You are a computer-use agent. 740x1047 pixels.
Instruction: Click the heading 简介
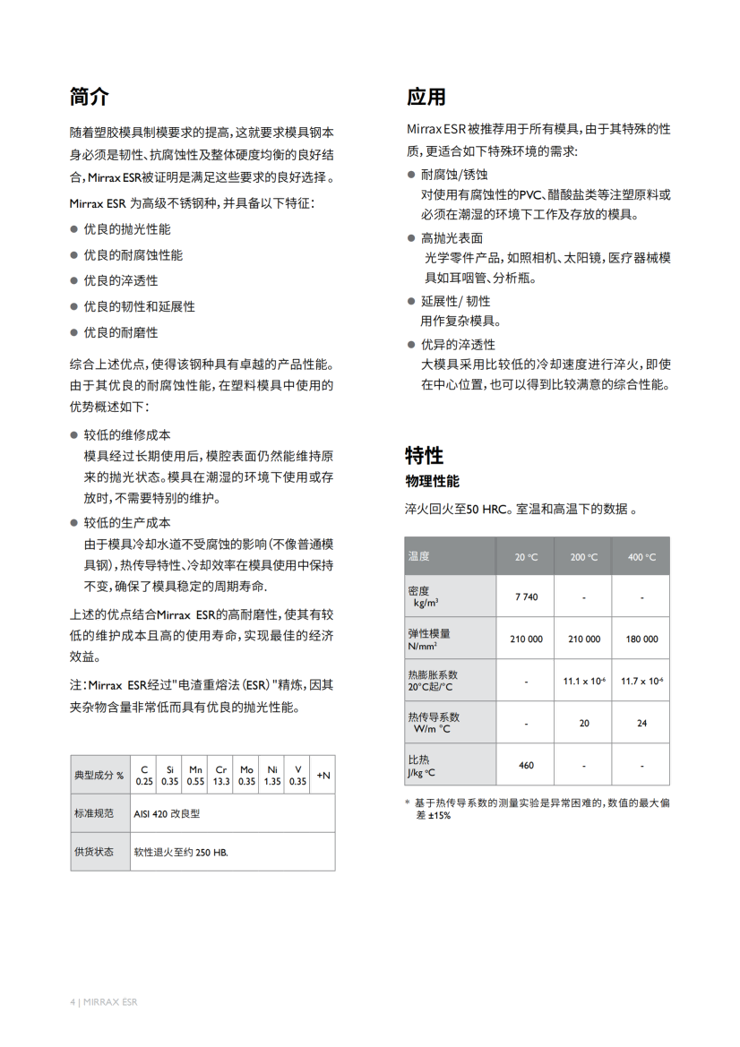click(x=90, y=97)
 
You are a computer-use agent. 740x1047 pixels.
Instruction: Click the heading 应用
click(x=426, y=97)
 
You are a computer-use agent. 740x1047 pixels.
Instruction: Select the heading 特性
click(x=424, y=455)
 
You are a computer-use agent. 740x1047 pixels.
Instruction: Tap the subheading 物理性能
click(x=433, y=482)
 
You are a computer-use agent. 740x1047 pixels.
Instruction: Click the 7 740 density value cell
click(x=526, y=596)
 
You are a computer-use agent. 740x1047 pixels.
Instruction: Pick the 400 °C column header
click(x=641, y=557)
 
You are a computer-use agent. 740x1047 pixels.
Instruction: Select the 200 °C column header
click(x=583, y=557)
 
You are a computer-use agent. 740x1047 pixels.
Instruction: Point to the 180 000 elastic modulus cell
click(x=641, y=639)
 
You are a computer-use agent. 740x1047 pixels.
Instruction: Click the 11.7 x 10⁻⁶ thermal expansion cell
click(x=641, y=681)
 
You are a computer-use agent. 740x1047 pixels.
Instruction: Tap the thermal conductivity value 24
click(x=641, y=723)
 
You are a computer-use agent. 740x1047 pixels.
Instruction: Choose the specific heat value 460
click(x=526, y=765)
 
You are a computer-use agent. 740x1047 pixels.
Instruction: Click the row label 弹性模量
click(x=429, y=633)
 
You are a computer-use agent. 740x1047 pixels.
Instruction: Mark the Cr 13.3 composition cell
click(x=221, y=775)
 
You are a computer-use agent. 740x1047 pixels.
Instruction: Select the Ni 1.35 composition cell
click(x=272, y=775)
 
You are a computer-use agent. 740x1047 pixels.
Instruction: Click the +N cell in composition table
click(x=323, y=775)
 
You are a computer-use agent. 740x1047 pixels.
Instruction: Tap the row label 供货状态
click(x=94, y=852)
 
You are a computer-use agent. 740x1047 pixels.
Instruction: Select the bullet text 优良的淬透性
click(x=121, y=280)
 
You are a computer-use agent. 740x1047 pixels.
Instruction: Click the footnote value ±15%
click(x=438, y=816)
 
